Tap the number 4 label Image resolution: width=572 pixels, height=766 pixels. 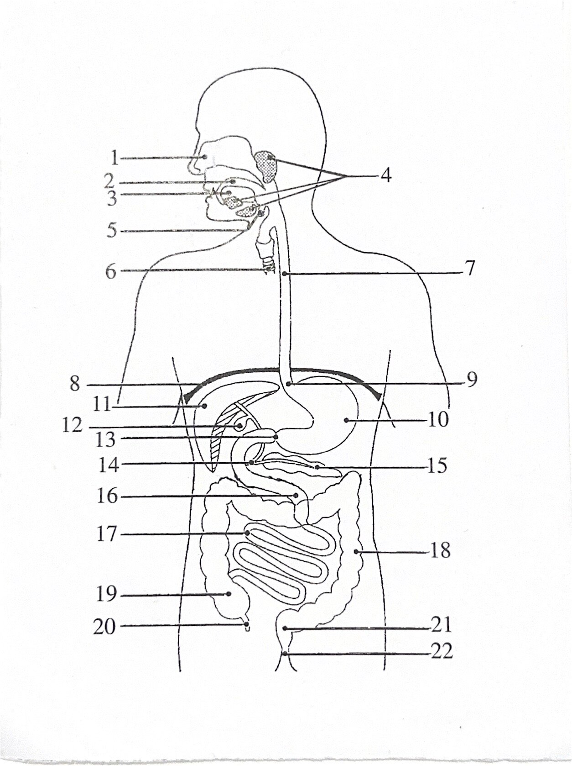[385, 175]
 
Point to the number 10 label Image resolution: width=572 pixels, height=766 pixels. [438, 420]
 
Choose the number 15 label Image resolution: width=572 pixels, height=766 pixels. [437, 465]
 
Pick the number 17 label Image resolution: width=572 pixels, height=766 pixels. [106, 534]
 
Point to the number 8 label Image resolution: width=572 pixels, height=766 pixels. [75, 384]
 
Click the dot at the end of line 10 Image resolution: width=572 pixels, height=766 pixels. [346, 420]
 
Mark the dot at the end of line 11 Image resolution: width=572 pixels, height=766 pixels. [204, 406]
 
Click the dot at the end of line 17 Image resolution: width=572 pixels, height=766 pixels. [247, 533]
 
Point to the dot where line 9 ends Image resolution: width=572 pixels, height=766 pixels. [288, 384]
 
